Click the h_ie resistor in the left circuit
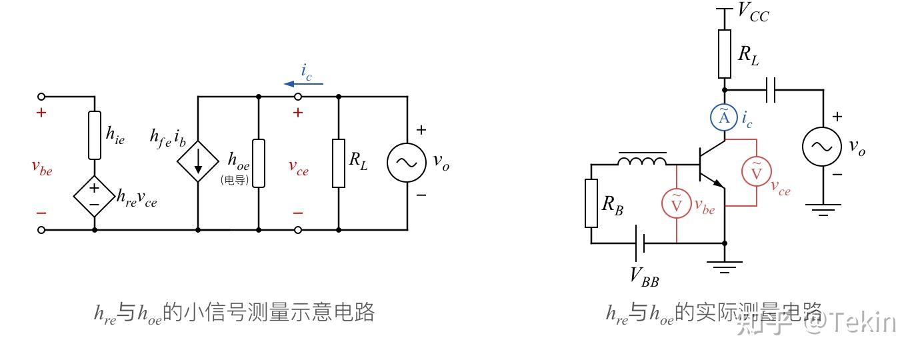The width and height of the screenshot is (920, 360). click(x=95, y=135)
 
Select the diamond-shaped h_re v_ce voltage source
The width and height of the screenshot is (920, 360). click(x=94, y=195)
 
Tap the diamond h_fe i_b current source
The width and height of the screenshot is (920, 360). click(x=198, y=162)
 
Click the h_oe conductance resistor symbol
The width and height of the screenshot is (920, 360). click(x=259, y=163)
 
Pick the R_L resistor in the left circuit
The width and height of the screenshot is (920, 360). click(x=339, y=163)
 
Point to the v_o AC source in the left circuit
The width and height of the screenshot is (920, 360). click(x=407, y=162)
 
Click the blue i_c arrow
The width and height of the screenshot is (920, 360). click(x=303, y=83)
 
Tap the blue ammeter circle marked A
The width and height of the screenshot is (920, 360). click(x=724, y=118)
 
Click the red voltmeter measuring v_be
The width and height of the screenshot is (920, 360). click(x=677, y=204)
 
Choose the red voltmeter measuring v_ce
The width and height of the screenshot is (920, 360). click(x=757, y=172)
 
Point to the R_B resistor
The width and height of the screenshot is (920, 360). click(x=591, y=203)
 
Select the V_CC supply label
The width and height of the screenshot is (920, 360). click(x=753, y=12)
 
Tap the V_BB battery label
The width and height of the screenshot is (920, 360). click(x=644, y=275)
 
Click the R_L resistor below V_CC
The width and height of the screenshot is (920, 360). click(x=725, y=54)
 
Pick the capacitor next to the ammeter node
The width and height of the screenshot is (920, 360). click(x=771, y=90)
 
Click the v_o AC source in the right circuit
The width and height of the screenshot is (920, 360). click(x=821, y=147)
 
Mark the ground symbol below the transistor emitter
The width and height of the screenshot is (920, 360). click(x=725, y=267)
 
